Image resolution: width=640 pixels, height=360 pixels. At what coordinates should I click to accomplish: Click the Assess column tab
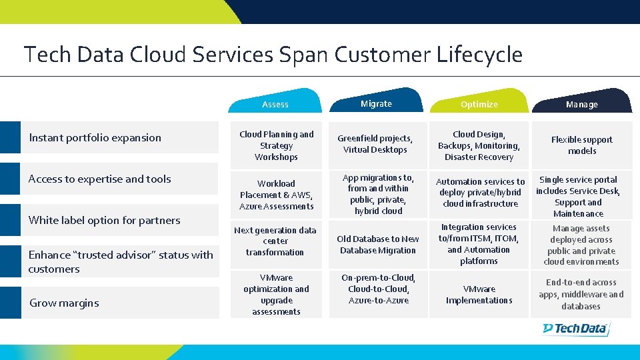tap(275, 104)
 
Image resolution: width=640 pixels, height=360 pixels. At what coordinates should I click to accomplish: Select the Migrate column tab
tap(376, 103)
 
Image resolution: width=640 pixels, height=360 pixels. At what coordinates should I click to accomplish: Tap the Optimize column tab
tap(479, 104)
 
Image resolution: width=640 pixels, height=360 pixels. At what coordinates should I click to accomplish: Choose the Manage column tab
tap(581, 104)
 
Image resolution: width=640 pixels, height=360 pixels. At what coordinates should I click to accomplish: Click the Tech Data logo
tap(575, 328)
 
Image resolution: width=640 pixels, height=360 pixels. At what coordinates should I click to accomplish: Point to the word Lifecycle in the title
tap(479, 54)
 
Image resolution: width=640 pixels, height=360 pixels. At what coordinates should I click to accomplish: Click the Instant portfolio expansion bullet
tap(95, 137)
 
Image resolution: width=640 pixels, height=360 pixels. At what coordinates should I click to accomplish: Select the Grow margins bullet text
tap(64, 303)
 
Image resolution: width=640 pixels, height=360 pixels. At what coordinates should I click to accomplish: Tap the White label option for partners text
tap(104, 220)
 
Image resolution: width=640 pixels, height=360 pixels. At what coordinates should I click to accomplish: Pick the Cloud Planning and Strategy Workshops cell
tap(276, 145)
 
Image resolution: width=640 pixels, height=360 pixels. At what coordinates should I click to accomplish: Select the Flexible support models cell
tap(581, 145)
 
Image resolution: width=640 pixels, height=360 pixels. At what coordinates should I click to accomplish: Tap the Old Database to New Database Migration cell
tap(377, 244)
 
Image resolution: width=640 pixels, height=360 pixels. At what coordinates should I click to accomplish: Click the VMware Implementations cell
tap(479, 294)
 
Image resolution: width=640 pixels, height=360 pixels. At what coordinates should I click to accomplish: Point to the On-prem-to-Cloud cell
tap(377, 289)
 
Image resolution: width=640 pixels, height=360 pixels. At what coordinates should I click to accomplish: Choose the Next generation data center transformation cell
tap(275, 241)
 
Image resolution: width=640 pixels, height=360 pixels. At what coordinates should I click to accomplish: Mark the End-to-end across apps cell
tap(581, 294)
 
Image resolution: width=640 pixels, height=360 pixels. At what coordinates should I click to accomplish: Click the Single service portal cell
tap(578, 196)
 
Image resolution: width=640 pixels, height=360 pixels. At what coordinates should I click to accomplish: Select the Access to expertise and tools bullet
tap(99, 179)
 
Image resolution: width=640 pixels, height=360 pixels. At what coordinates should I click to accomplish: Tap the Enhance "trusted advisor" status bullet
tap(120, 261)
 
